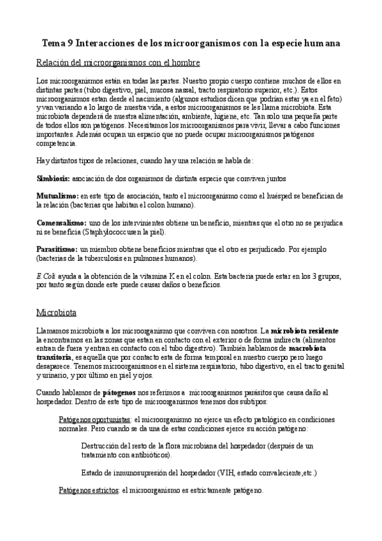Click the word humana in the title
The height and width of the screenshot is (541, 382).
[319, 43]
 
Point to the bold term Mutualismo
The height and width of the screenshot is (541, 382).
[57, 195]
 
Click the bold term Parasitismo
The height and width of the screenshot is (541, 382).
[57, 248]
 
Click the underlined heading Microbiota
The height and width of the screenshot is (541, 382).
[57, 314]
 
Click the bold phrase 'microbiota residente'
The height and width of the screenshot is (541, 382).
[305, 332]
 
